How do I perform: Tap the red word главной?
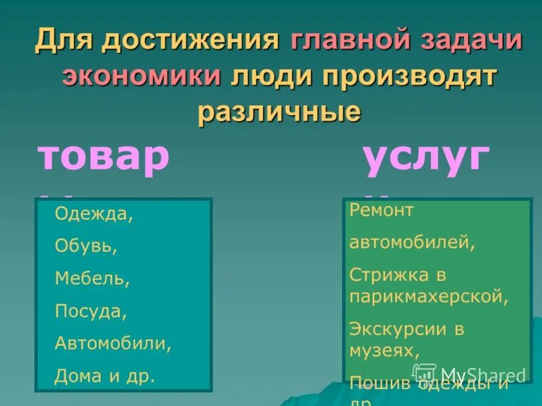click(x=348, y=40)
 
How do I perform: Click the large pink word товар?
click(x=104, y=158)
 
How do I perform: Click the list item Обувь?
click(x=86, y=246)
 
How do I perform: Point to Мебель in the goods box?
click(x=92, y=278)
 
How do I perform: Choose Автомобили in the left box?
click(x=113, y=342)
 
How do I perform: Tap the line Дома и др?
click(x=105, y=375)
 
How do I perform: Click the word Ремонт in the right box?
click(x=381, y=210)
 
